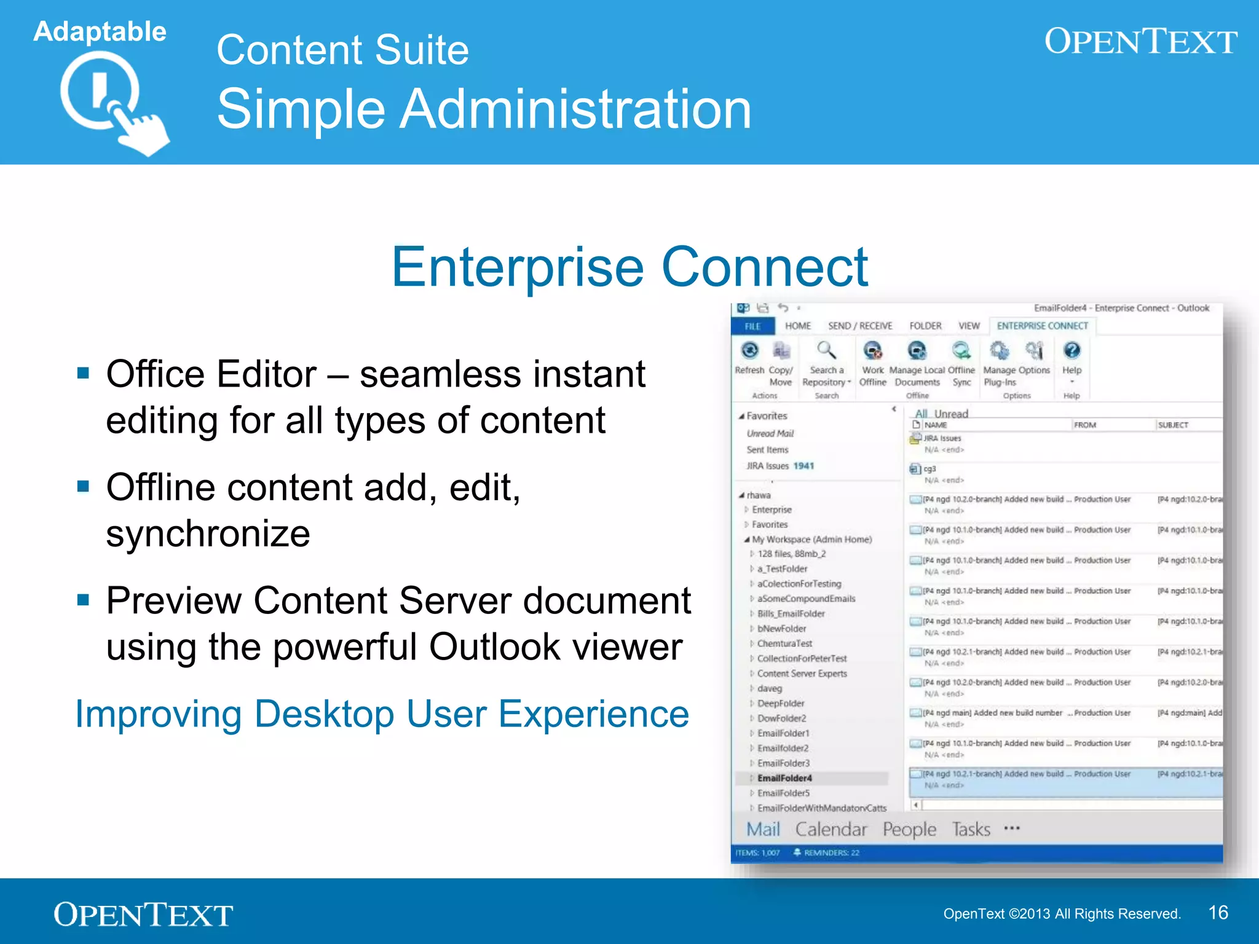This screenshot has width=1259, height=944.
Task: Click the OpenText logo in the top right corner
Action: (1140, 42)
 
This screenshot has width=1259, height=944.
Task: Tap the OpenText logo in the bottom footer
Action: (143, 914)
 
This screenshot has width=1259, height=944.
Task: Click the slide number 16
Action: (1218, 913)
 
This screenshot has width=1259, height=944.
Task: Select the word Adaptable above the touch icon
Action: (100, 31)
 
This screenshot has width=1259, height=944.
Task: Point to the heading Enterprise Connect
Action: (629, 267)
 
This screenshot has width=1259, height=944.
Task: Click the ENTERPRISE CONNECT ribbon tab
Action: (1042, 326)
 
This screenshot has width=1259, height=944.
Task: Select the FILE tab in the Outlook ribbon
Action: (752, 326)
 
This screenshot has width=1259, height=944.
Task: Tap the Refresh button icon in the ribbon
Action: (749, 351)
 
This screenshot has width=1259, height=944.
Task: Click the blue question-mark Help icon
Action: (1072, 351)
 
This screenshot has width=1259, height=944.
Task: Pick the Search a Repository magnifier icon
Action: (826, 351)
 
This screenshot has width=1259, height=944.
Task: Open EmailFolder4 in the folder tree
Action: (784, 778)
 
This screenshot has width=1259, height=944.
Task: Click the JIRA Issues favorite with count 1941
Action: (779, 466)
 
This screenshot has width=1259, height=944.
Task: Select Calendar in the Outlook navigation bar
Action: (831, 830)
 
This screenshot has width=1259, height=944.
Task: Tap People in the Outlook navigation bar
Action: (909, 830)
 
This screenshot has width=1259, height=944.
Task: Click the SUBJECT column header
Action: (1173, 425)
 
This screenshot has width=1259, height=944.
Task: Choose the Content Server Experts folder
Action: (802, 674)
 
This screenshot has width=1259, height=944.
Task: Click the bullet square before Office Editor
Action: (83, 373)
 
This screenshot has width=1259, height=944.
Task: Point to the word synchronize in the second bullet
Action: (208, 533)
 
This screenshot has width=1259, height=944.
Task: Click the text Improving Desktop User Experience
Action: (382, 714)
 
